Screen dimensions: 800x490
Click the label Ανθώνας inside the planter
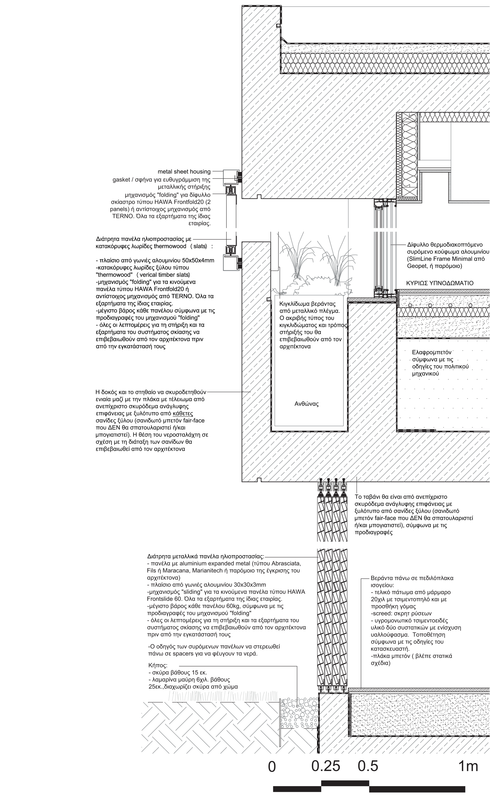click(x=306, y=404)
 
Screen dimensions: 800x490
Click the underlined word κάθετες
click(x=183, y=413)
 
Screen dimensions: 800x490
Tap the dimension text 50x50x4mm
click(x=198, y=260)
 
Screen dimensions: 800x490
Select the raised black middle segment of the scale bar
click(x=345, y=790)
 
